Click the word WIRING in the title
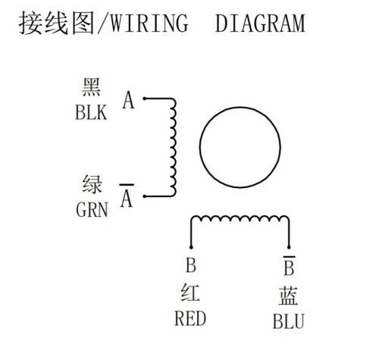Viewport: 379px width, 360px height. (x=149, y=23)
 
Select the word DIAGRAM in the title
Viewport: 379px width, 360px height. (x=260, y=23)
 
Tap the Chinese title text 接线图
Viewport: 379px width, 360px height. (x=57, y=23)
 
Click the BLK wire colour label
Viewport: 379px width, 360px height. (x=91, y=112)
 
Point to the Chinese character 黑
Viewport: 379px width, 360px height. (x=91, y=87)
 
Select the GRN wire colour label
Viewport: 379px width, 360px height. (x=92, y=209)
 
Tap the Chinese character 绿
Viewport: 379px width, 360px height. (x=92, y=184)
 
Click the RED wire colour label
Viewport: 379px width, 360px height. (x=190, y=318)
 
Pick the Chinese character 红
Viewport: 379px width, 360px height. (x=190, y=293)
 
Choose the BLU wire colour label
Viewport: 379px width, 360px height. (x=288, y=321)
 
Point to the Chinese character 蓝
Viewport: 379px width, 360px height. (x=288, y=296)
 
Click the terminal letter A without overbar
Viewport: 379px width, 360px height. (x=128, y=100)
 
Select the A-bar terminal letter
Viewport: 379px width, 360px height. (x=127, y=196)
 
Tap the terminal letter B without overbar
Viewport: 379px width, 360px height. (x=191, y=265)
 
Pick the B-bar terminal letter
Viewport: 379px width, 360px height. (x=289, y=266)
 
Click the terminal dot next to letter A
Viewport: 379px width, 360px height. (x=144, y=99)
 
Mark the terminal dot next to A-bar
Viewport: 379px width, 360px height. (x=144, y=196)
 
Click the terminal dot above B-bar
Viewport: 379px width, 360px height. (x=289, y=247)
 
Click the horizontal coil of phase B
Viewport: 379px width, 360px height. (x=240, y=217)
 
